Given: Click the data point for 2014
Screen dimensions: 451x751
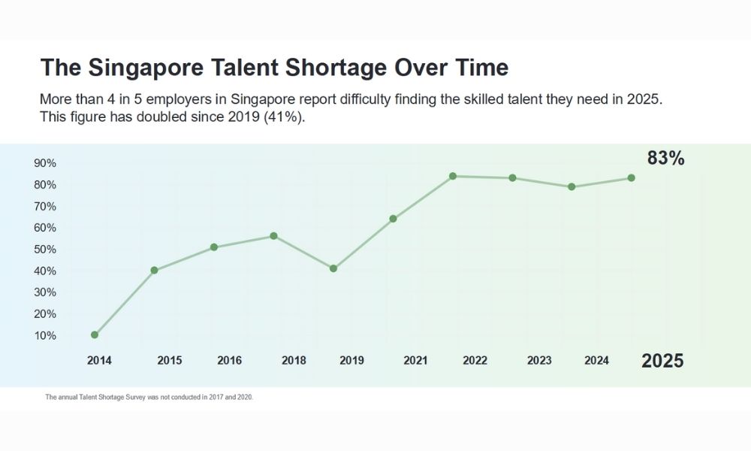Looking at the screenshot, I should [x=95, y=334].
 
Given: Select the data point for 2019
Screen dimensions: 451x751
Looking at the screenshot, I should [x=333, y=268].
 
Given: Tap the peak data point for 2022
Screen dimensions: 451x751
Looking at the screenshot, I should [x=453, y=176].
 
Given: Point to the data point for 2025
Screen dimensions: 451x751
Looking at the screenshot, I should [x=631, y=178].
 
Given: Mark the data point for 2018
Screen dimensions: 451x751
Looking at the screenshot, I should [x=273, y=236].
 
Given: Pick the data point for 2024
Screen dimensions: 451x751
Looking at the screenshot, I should [x=572, y=186].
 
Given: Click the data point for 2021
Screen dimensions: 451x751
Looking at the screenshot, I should [x=393, y=219].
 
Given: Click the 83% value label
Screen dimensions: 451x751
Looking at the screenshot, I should [x=665, y=159].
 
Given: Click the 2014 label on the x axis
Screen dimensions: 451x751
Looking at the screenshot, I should [x=99, y=361].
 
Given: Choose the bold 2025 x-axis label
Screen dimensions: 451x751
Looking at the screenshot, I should [x=662, y=361].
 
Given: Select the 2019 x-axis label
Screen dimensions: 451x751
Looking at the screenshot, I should [x=351, y=361].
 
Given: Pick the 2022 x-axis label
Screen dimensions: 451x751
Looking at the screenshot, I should [x=475, y=361].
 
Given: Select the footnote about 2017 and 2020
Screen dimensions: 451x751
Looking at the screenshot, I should [x=149, y=397].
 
